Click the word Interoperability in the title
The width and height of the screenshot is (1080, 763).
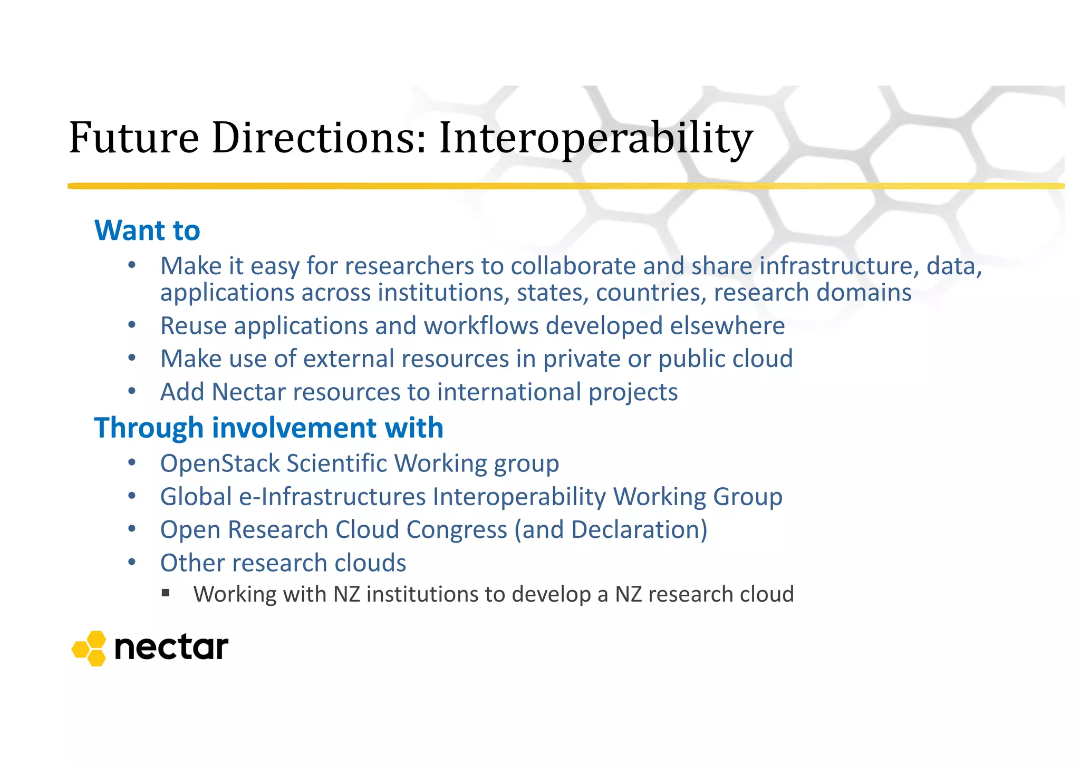(596, 138)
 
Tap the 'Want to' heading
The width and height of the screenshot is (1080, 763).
(147, 230)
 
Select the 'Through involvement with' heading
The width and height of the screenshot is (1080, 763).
(268, 427)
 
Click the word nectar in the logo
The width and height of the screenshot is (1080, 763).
(171, 648)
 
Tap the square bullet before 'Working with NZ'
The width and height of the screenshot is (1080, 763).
(166, 593)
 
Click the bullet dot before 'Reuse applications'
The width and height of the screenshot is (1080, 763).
(132, 325)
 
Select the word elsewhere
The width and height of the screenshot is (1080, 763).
(727, 325)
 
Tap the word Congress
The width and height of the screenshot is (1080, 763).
(456, 529)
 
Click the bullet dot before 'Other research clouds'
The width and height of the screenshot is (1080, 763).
(132, 562)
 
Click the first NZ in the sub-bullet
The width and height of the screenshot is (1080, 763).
(346, 594)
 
